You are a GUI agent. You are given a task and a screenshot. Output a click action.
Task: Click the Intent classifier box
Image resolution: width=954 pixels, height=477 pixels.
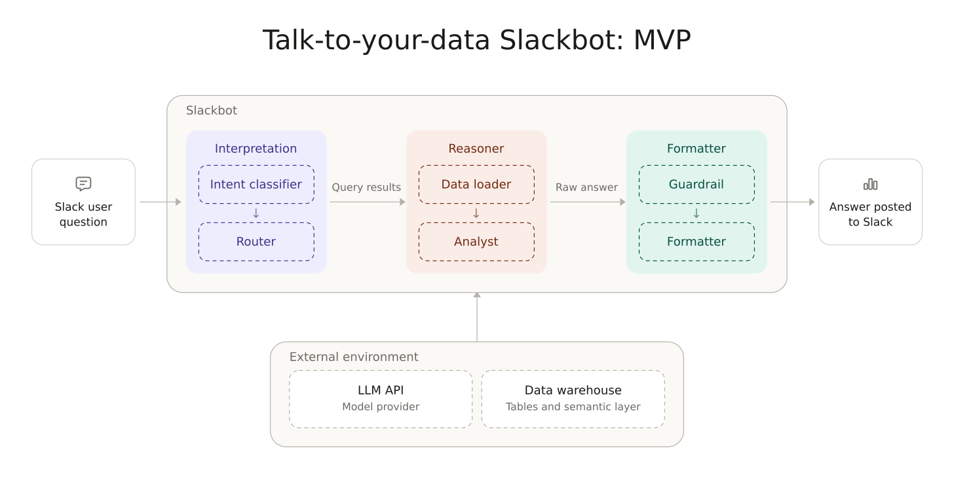click(256, 184)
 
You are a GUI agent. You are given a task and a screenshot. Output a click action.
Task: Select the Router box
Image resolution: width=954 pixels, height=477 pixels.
click(256, 242)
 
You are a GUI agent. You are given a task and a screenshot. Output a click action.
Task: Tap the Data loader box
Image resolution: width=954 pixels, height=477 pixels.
click(476, 184)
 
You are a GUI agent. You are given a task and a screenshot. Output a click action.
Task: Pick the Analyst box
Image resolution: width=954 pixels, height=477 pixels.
click(476, 242)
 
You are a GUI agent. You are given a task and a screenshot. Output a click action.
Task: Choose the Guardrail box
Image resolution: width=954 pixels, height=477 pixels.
click(696, 184)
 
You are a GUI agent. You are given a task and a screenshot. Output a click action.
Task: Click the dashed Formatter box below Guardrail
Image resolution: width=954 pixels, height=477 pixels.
click(696, 242)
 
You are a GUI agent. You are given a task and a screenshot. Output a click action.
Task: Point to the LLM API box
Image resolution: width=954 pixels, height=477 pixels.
click(381, 399)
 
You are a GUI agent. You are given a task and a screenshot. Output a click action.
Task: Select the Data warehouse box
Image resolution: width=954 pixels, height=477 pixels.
click(573, 399)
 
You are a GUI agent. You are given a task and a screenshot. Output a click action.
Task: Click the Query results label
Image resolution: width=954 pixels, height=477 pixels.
click(366, 187)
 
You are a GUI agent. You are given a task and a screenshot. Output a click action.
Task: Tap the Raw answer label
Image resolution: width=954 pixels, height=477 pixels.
click(586, 187)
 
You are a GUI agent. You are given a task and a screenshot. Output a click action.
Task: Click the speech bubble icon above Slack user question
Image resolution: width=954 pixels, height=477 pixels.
click(83, 184)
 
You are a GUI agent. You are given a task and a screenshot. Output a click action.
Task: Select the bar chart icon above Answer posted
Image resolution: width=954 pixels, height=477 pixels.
click(871, 184)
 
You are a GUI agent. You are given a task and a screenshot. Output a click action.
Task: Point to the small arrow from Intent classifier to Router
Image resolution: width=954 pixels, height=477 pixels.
click(256, 213)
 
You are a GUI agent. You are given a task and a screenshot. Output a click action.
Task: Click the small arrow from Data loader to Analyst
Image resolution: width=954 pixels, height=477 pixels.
click(476, 213)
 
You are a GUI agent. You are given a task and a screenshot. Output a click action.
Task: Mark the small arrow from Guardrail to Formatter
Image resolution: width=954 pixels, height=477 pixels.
click(696, 213)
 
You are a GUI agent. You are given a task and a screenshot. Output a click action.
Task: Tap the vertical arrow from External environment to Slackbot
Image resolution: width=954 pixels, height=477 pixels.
click(477, 317)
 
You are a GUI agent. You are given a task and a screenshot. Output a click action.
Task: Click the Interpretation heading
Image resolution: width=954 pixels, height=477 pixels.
click(256, 149)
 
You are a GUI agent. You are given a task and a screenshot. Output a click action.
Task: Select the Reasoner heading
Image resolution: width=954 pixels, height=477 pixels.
click(476, 149)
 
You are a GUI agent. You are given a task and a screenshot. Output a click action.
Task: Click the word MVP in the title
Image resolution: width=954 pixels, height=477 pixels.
click(662, 41)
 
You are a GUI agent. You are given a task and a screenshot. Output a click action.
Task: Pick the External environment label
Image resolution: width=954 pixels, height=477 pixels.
click(354, 357)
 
